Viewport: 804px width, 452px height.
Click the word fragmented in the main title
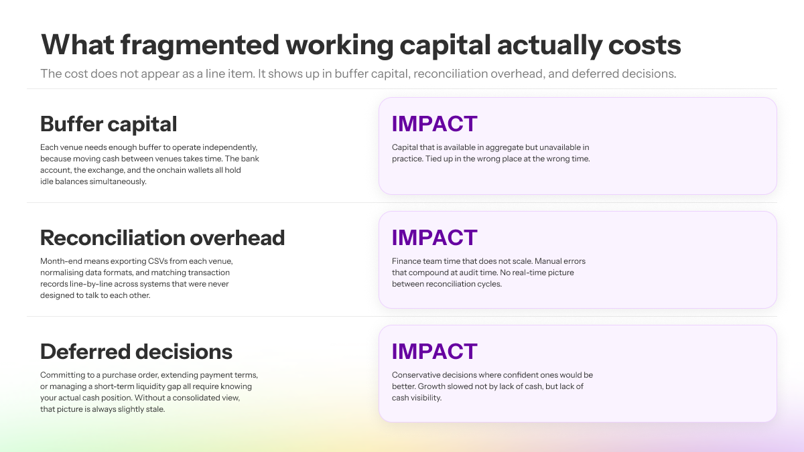click(200, 46)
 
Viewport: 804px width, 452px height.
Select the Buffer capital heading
click(109, 124)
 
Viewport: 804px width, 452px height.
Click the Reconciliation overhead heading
click(162, 238)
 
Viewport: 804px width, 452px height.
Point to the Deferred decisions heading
click(136, 352)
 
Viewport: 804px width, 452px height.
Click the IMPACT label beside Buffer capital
click(434, 124)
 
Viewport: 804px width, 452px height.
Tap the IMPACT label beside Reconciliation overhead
click(434, 238)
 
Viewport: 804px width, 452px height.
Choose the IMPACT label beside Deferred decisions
click(434, 351)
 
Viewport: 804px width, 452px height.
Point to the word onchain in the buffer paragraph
click(172, 170)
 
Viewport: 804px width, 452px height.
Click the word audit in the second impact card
click(525, 273)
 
